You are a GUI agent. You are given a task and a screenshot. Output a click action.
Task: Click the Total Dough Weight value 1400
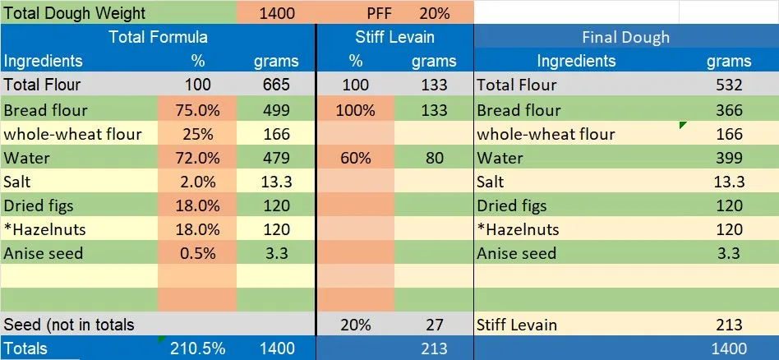click(276, 13)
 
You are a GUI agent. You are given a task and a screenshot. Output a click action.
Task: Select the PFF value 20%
click(434, 13)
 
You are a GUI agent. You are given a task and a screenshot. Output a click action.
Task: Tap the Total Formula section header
click(158, 37)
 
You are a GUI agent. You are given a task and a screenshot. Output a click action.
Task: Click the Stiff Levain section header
click(394, 37)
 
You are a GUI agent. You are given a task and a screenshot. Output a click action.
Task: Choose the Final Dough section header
click(625, 37)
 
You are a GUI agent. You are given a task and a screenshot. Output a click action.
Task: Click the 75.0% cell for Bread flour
click(197, 110)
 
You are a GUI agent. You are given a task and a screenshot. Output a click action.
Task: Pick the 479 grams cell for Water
click(275, 158)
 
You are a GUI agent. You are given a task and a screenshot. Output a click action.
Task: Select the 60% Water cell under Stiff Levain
click(355, 158)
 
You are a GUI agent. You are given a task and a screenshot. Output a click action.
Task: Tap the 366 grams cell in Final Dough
click(729, 110)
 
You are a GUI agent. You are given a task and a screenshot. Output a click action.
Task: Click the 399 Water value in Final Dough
click(729, 158)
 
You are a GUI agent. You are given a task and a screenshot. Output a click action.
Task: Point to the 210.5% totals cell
click(197, 348)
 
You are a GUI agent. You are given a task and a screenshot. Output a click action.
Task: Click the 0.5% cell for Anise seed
click(197, 253)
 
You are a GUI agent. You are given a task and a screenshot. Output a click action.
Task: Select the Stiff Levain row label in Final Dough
click(517, 325)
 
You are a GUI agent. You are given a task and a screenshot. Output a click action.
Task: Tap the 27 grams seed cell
click(435, 325)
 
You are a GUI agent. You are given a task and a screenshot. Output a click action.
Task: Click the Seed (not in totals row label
click(69, 325)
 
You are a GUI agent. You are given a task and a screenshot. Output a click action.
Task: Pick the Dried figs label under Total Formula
click(44, 205)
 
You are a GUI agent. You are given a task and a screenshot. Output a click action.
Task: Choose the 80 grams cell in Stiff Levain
click(435, 158)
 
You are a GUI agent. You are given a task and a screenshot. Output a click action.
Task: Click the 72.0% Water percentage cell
click(197, 158)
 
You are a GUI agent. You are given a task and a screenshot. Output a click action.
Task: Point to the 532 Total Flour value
click(729, 85)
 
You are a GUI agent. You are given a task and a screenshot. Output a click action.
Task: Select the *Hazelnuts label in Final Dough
click(518, 229)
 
